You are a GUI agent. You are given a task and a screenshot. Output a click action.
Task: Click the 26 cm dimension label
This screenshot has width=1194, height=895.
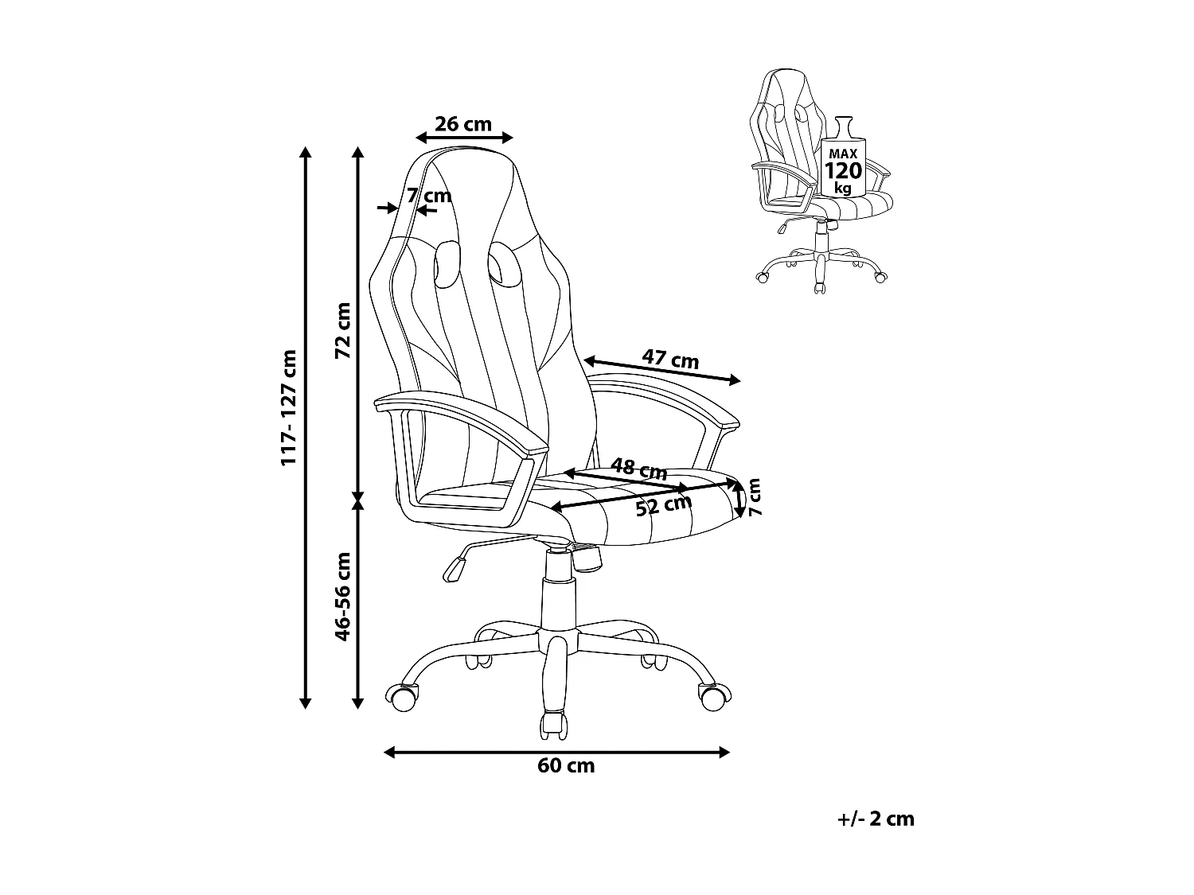tap(464, 125)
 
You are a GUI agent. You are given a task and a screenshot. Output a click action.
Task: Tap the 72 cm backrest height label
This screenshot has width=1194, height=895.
tap(342, 330)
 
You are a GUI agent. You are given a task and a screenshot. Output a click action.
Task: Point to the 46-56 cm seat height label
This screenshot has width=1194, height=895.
tap(342, 597)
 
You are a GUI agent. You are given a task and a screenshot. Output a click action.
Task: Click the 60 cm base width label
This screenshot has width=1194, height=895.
tap(566, 766)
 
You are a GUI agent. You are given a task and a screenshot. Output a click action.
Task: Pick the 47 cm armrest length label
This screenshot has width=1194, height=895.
tap(671, 360)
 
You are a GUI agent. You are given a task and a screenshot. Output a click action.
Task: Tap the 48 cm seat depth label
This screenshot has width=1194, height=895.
tap(638, 468)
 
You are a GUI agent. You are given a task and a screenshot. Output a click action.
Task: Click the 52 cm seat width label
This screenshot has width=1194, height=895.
tap(663, 505)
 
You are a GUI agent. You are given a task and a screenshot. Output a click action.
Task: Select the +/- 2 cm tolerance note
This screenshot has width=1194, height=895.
tap(876, 819)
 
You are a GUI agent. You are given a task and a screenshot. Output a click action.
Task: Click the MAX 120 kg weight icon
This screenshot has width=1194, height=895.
tap(843, 163)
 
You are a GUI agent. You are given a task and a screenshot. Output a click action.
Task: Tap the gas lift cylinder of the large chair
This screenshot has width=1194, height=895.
tap(557, 601)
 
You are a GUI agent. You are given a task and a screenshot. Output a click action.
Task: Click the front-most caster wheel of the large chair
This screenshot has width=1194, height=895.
tap(555, 724)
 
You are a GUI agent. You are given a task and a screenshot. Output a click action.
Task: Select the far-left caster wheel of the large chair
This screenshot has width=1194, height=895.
tap(401, 698)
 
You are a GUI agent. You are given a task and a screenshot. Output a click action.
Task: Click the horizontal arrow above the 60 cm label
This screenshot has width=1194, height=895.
tap(557, 752)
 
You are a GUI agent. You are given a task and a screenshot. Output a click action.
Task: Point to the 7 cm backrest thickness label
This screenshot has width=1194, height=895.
tap(429, 196)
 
